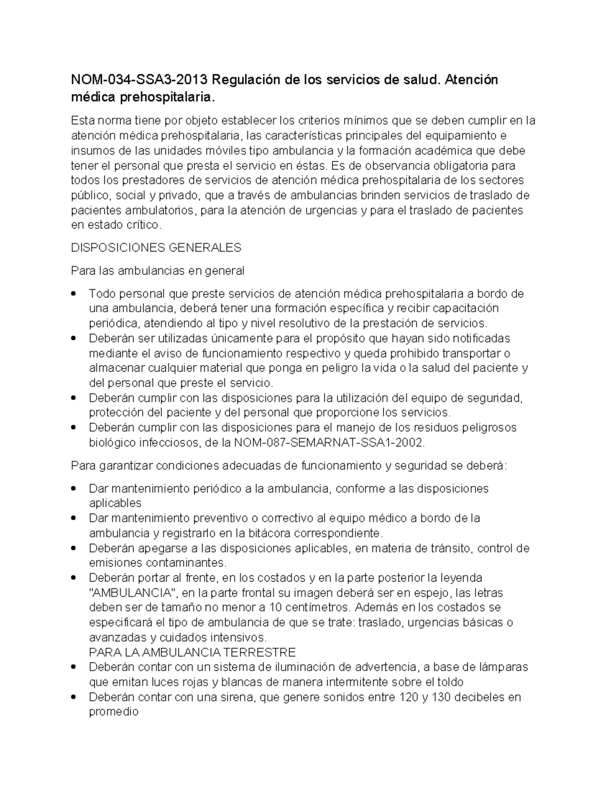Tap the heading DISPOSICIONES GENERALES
coord(156,248)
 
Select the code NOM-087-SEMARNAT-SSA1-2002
coord(328,443)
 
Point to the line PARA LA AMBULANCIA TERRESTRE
coord(192,652)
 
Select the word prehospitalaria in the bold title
coord(164,96)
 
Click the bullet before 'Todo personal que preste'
coord(74,294)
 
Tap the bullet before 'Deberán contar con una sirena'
coord(74,697)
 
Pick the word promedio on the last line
coord(113,712)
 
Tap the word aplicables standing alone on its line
coord(115,503)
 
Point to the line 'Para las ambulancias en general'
coord(157,271)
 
